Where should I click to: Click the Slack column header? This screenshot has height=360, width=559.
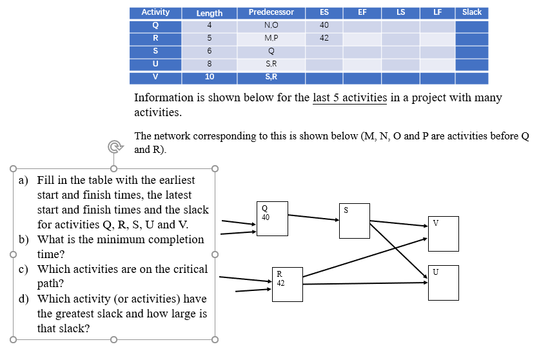pos(471,12)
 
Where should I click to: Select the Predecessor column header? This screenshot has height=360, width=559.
pos(271,12)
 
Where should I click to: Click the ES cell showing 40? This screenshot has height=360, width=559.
pos(324,25)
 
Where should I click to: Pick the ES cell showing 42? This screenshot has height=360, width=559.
pos(324,38)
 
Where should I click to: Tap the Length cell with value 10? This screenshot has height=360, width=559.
pos(210,77)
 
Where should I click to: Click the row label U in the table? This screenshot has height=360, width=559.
pos(155,64)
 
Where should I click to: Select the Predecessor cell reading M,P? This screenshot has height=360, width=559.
pos(271,38)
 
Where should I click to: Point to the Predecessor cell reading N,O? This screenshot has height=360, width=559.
pos(271,25)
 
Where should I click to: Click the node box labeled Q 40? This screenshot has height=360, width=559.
pos(271,219)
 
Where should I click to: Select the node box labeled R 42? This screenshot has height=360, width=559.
pos(286,284)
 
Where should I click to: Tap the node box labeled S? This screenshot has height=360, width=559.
pos(354,221)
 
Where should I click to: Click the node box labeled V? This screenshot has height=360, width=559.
pos(443,234)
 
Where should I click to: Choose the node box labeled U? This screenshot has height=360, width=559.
pos(443,283)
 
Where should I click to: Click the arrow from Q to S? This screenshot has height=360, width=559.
pos(313,216)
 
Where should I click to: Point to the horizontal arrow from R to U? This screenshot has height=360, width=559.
pos(364,283)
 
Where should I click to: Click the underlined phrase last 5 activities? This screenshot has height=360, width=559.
pos(349,98)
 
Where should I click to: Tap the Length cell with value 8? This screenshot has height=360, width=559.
pos(210,64)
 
